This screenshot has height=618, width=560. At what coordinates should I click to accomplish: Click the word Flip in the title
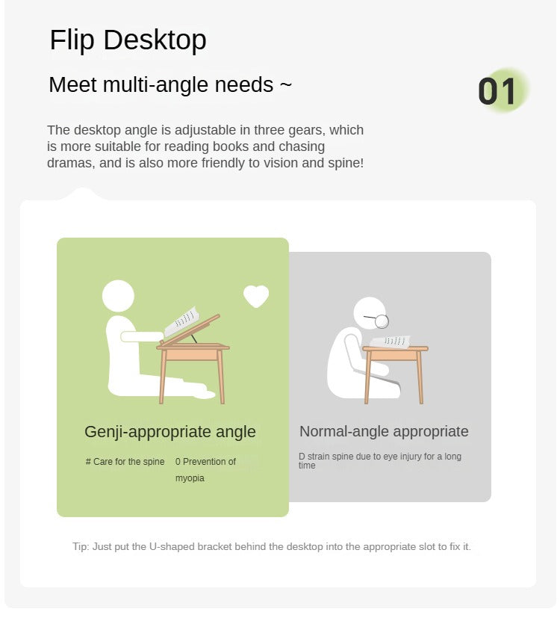click(x=72, y=40)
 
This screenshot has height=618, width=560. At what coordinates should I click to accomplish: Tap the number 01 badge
click(x=497, y=91)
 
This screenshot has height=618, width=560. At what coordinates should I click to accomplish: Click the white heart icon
click(x=256, y=296)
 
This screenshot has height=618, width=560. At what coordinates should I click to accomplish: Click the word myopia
click(x=190, y=478)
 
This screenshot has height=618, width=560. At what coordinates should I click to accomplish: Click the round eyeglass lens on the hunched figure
click(x=382, y=321)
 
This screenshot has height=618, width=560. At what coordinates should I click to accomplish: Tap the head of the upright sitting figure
click(x=118, y=296)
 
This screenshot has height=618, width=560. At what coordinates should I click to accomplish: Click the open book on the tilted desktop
click(x=181, y=321)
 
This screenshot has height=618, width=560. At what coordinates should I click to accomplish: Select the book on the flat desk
click(x=391, y=342)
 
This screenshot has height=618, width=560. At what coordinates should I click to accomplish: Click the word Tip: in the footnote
click(x=81, y=547)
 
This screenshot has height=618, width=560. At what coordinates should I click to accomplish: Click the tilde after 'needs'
click(x=286, y=84)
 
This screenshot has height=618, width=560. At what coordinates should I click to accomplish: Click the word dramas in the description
click(x=71, y=163)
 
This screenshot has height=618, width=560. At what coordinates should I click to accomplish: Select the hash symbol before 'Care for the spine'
click(x=88, y=462)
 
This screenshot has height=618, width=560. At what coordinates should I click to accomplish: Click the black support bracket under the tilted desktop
click(x=194, y=339)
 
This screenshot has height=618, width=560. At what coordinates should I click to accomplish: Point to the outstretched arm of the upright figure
click(x=142, y=336)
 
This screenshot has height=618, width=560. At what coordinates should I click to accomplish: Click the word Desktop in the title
click(x=155, y=40)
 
